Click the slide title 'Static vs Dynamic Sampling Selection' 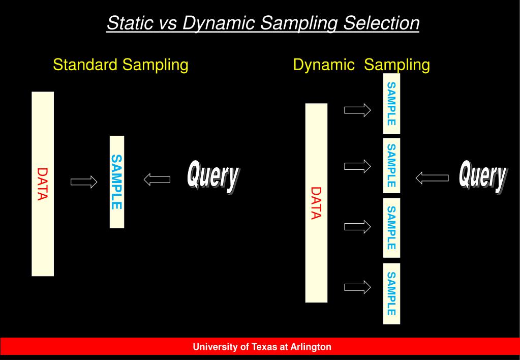[263, 23]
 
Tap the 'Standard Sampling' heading [121, 65]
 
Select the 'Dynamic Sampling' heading [361, 65]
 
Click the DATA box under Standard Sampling [43, 184]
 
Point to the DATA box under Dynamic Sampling [316, 203]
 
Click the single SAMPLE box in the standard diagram [117, 182]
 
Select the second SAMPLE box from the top [391, 165]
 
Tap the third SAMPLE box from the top [391, 227]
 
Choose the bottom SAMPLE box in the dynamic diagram [391, 293]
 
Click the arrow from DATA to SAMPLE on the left [84, 182]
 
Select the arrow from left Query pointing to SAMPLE [157, 179]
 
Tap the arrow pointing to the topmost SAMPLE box [357, 110]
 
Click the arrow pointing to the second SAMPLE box [357, 166]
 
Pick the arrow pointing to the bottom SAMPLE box [357, 287]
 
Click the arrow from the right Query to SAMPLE [432, 178]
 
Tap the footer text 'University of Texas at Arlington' [262, 347]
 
